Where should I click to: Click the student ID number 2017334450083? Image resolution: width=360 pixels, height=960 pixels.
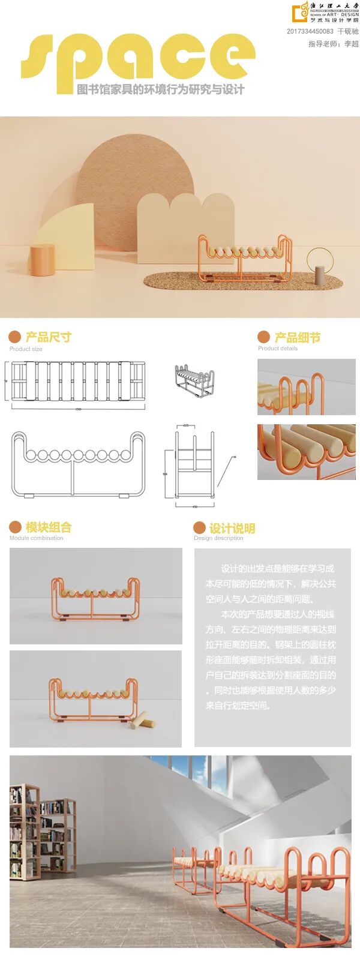[x=310, y=31]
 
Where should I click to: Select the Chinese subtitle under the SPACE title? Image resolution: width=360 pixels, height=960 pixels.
[x=160, y=90]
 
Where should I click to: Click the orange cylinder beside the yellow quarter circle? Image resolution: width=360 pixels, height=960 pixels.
[x=43, y=260]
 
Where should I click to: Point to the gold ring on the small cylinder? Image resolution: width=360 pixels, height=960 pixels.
[x=319, y=259]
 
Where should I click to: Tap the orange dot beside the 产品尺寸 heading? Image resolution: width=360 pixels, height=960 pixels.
[x=15, y=337]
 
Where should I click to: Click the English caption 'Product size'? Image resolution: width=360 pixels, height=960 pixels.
[x=26, y=349]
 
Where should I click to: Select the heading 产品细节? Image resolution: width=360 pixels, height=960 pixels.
[x=297, y=337]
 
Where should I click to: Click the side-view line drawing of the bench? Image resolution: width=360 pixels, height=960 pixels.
[x=194, y=462]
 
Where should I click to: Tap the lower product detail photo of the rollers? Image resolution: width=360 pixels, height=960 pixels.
[x=306, y=452]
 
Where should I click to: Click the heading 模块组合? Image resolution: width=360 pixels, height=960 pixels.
[x=48, y=527]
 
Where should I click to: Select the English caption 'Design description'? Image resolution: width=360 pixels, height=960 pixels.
[x=218, y=538]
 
